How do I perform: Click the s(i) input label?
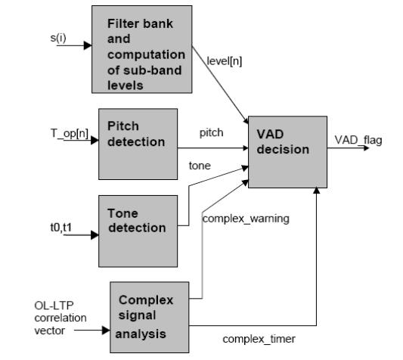coord(58,39)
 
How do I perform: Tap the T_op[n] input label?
coord(70,133)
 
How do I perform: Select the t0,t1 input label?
coord(61,228)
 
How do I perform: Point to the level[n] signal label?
coord(225,61)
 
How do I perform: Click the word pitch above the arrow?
coord(211,133)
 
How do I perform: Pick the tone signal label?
coord(200,166)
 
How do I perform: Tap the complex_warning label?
coord(246,219)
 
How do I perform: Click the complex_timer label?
coord(259,339)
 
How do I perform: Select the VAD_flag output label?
coord(358,141)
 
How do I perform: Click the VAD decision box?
coord(287,152)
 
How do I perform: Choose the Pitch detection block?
coord(138,144)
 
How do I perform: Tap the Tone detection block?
coord(138,231)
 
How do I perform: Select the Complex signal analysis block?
coord(150,318)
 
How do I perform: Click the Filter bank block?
coord(142,49)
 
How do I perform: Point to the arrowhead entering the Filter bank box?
coord(88,45)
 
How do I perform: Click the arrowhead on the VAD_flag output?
coord(366,148)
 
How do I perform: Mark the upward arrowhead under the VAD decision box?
coord(317,191)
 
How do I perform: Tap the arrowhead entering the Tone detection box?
coord(95,235)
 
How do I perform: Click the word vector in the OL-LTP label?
coord(50,331)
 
